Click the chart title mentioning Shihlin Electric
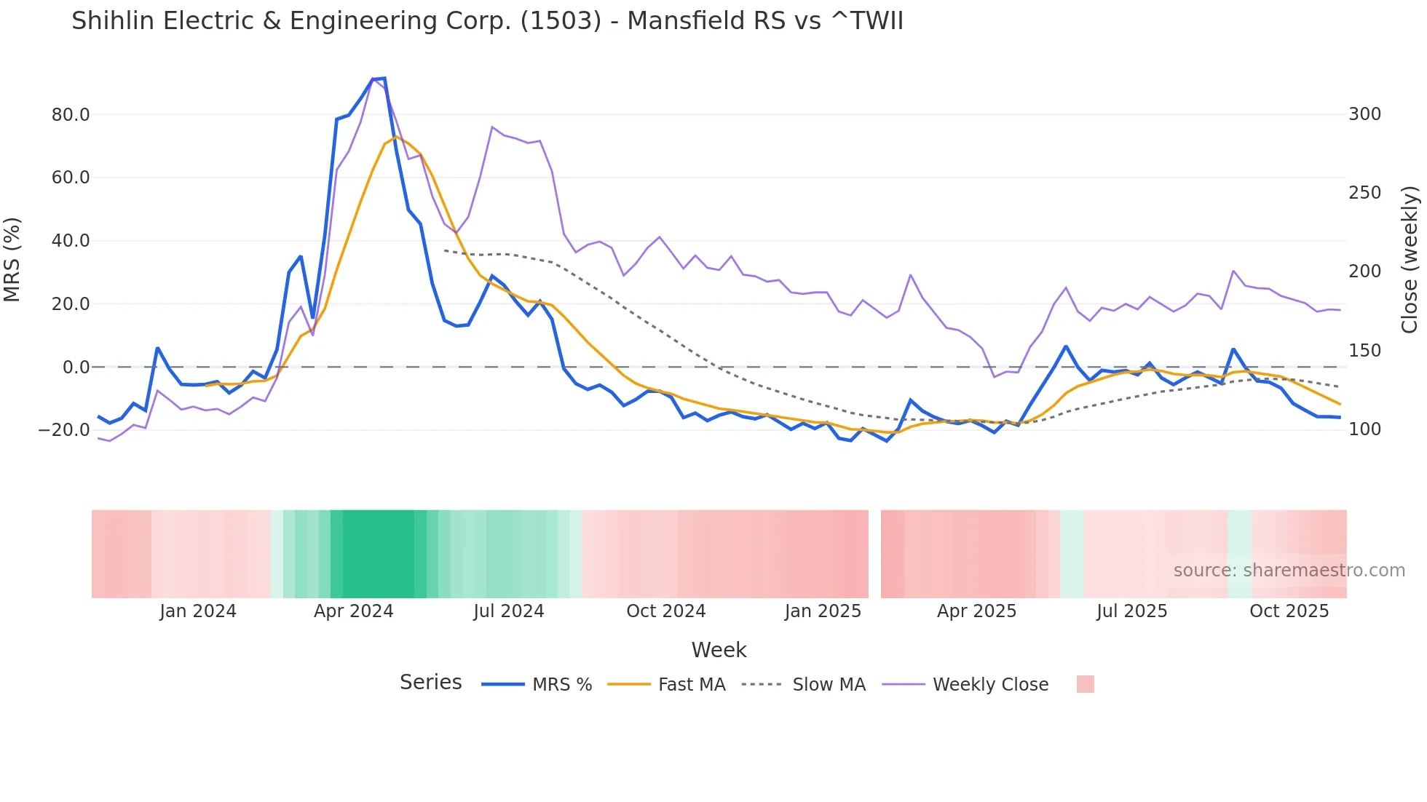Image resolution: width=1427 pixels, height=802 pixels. [x=487, y=21]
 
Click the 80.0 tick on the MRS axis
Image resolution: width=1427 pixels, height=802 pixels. [x=71, y=115]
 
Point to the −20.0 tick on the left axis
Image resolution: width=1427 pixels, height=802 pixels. [x=64, y=430]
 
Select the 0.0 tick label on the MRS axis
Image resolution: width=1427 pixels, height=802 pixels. [x=76, y=368]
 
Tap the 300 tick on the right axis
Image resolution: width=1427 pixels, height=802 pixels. [x=1364, y=114]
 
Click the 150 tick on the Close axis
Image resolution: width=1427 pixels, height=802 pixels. [x=1364, y=351]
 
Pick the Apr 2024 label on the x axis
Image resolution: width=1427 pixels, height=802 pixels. [x=353, y=611]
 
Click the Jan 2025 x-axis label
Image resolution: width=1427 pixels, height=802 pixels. [x=823, y=611]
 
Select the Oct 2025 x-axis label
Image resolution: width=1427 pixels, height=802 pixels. [x=1289, y=611]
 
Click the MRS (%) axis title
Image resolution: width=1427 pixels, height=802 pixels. [x=12, y=260]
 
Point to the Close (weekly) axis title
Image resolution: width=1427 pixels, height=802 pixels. [x=1410, y=260]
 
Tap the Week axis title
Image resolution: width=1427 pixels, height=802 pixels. [x=719, y=650]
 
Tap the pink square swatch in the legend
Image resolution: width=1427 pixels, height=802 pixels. [x=1085, y=684]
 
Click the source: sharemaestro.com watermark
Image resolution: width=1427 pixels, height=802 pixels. [x=1289, y=571]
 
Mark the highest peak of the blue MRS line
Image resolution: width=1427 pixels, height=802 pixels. [x=384, y=78]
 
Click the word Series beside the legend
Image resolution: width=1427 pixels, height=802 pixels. [x=430, y=683]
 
